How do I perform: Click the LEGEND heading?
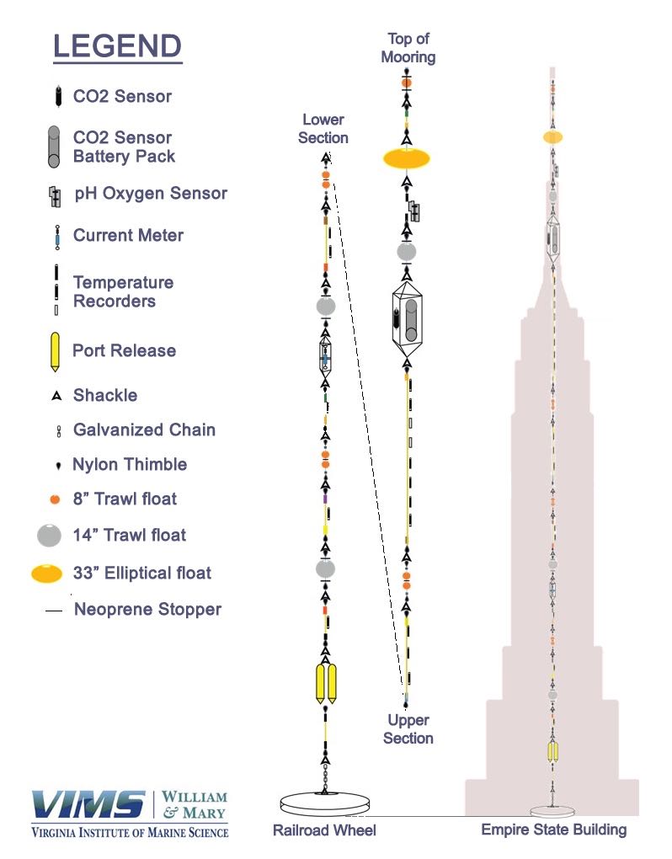tap(117, 45)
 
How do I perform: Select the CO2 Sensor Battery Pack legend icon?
tap(54, 147)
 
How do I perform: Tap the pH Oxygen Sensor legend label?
tap(150, 193)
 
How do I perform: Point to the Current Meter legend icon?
tap(56, 237)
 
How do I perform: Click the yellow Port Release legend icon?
tap(56, 352)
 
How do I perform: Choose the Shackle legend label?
tap(104, 395)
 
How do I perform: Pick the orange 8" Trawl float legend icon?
tap(55, 499)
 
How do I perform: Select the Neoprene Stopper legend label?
tap(147, 608)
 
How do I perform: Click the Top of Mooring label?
tap(408, 48)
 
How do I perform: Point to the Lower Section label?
tap(323, 129)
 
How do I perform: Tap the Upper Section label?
tap(408, 729)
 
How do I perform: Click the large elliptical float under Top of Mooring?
tap(407, 157)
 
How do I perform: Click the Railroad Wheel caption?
tap(324, 830)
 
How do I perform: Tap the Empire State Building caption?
tap(553, 830)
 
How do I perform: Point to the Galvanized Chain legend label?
tap(144, 429)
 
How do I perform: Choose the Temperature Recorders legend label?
tap(123, 291)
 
